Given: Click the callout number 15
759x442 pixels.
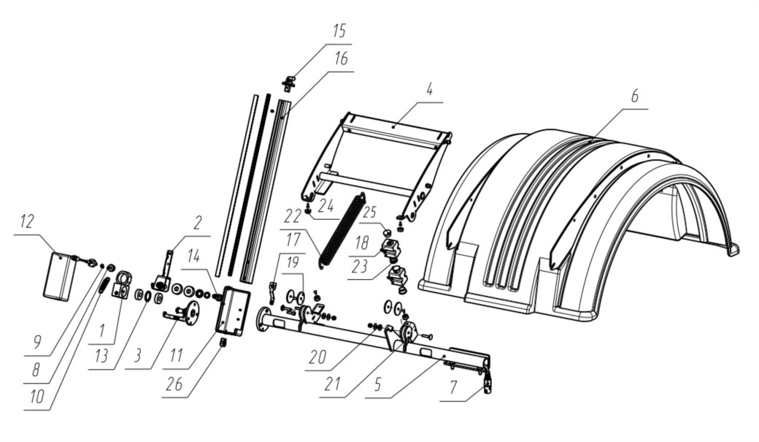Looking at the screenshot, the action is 339,31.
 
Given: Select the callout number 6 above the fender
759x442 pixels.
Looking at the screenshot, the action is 635,96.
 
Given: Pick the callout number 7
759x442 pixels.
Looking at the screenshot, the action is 452,387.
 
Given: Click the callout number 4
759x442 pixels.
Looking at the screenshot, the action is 429,89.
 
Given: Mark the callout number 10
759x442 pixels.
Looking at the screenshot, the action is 36,397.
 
